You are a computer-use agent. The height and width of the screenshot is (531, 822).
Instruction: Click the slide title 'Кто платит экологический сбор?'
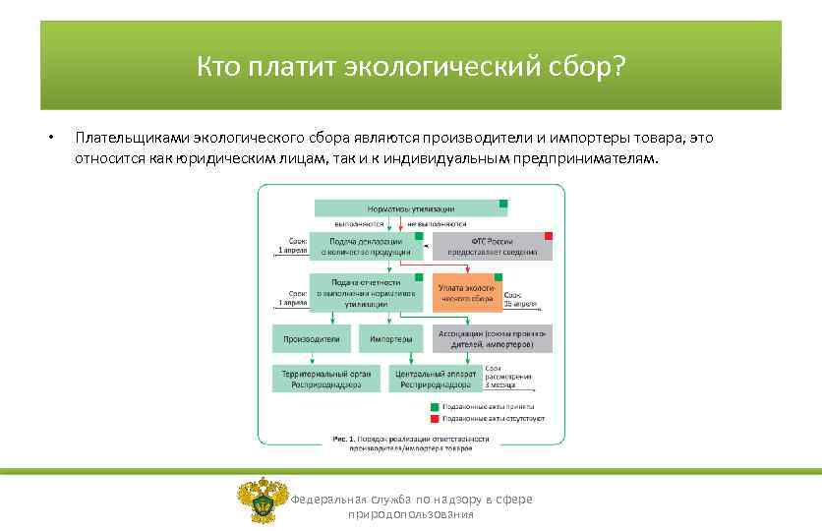(410, 66)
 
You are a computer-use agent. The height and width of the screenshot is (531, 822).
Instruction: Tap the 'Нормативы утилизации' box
(410, 208)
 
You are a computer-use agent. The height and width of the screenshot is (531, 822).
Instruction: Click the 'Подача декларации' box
(366, 246)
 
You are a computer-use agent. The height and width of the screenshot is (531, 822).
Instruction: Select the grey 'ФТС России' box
(493, 246)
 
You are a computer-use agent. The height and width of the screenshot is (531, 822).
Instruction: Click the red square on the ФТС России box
(548, 237)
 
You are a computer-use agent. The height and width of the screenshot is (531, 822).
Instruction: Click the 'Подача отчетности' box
(366, 293)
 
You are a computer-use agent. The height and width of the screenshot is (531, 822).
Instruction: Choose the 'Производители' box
(312, 339)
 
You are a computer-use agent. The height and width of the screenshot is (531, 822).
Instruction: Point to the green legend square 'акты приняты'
(434, 405)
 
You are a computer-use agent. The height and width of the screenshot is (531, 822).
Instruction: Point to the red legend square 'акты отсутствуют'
(434, 418)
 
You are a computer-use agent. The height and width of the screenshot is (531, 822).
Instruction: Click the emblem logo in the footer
(263, 500)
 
